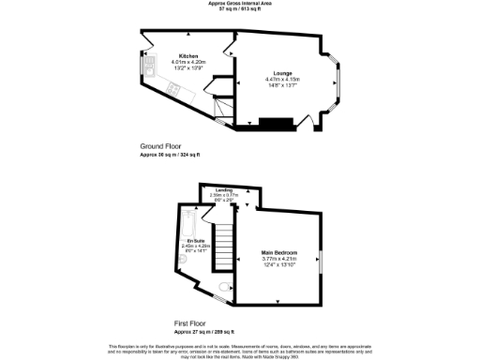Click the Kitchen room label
click(188, 56)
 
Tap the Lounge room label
click(281, 72)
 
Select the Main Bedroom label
click(280, 253)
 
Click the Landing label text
click(224, 189)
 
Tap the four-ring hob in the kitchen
click(173, 88)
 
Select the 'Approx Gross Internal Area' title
click(239, 4)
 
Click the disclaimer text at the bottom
click(239, 348)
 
